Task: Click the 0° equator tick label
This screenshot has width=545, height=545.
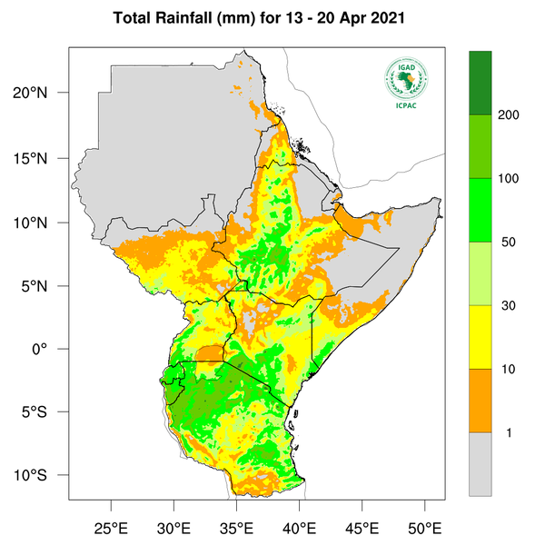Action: tap(53, 349)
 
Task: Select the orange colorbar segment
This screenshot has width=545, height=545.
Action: tap(480, 401)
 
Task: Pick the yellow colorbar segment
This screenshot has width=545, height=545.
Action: tap(480, 337)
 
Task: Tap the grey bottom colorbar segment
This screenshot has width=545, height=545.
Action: tap(480, 464)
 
